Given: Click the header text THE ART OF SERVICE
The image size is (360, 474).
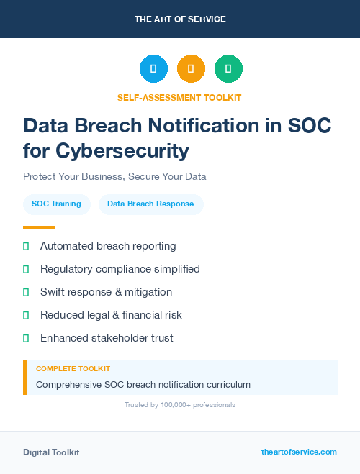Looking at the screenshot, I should (180, 19).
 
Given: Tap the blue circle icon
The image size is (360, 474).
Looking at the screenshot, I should (153, 69).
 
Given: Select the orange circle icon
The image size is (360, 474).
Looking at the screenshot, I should (191, 69).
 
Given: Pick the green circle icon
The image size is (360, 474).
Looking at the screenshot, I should (228, 69).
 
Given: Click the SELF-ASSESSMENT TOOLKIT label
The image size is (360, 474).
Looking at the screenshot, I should (180, 97).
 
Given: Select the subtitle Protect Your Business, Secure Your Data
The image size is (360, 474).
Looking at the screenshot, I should (114, 176).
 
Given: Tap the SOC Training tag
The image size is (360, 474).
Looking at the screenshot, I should (56, 204).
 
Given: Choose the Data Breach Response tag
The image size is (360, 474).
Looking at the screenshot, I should (150, 204).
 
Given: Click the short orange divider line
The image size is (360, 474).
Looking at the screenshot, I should (39, 227).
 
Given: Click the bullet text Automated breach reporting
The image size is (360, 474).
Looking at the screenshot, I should (108, 246).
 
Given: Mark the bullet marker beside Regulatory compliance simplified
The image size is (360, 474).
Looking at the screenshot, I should (26, 269).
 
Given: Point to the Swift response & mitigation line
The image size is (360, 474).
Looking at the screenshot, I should (106, 292).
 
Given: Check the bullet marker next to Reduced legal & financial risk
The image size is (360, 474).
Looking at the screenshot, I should (26, 315).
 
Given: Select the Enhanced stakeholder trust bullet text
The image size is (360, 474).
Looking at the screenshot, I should (107, 338).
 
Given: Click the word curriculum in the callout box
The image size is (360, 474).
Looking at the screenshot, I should (227, 385).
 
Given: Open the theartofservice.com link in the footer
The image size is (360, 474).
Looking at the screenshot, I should (299, 452).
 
